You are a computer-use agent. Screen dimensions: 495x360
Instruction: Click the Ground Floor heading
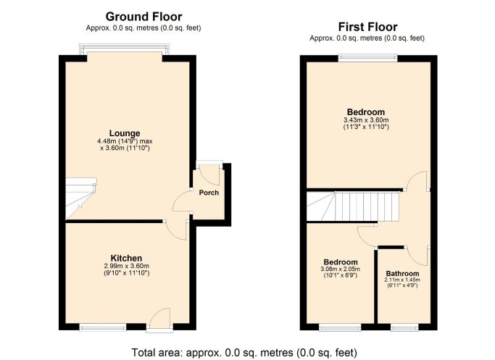pyautogui.click(x=143, y=17)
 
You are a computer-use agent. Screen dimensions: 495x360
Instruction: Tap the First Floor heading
pyautogui.click(x=367, y=27)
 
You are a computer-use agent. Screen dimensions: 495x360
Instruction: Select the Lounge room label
pyautogui.click(x=125, y=133)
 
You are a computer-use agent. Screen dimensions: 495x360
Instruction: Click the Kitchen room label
pyautogui.click(x=126, y=258)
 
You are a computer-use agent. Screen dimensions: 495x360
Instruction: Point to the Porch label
pyautogui.click(x=209, y=193)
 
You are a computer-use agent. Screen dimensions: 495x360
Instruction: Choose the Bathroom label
pyautogui.click(x=402, y=274)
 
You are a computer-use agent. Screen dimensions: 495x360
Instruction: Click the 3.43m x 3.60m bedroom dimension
pyautogui.click(x=366, y=120)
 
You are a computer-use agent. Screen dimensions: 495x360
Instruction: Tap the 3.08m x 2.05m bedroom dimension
pyautogui.click(x=341, y=269)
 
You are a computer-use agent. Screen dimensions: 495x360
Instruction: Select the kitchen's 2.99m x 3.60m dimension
pyautogui.click(x=126, y=266)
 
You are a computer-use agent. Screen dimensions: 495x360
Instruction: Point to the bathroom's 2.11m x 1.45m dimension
pyautogui.click(x=402, y=280)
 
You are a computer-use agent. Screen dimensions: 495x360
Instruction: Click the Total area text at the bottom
pyautogui.click(x=244, y=352)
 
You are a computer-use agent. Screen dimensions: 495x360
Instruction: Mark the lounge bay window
pyautogui.click(x=125, y=49)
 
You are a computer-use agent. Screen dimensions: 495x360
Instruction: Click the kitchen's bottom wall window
pyautogui.click(x=103, y=327)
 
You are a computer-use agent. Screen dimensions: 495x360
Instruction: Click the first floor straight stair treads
pyautogui.click(x=366, y=206)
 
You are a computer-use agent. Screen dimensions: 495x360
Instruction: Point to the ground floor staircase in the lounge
pyautogui.click(x=81, y=198)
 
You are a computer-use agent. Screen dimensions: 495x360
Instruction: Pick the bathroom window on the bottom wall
pyautogui.click(x=404, y=327)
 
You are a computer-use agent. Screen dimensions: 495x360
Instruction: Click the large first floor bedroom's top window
pyautogui.click(x=367, y=58)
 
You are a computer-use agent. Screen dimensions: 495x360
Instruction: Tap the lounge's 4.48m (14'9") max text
pyautogui.click(x=125, y=141)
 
